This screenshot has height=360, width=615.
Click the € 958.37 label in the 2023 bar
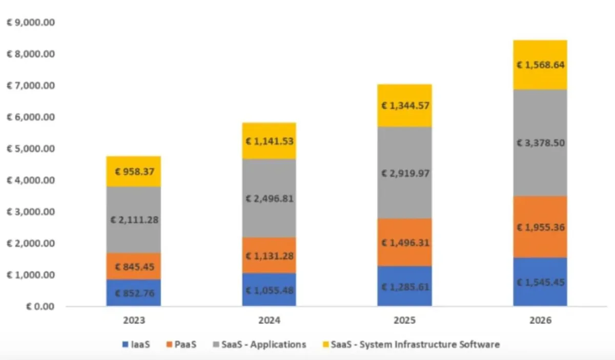(x=134, y=171)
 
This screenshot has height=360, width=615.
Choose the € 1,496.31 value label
(x=405, y=242)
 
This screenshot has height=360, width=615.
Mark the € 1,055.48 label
(x=269, y=291)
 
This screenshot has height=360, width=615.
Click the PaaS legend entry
(x=183, y=345)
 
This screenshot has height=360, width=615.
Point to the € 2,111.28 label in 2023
(x=134, y=220)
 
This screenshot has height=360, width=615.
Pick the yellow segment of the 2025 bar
(x=405, y=106)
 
